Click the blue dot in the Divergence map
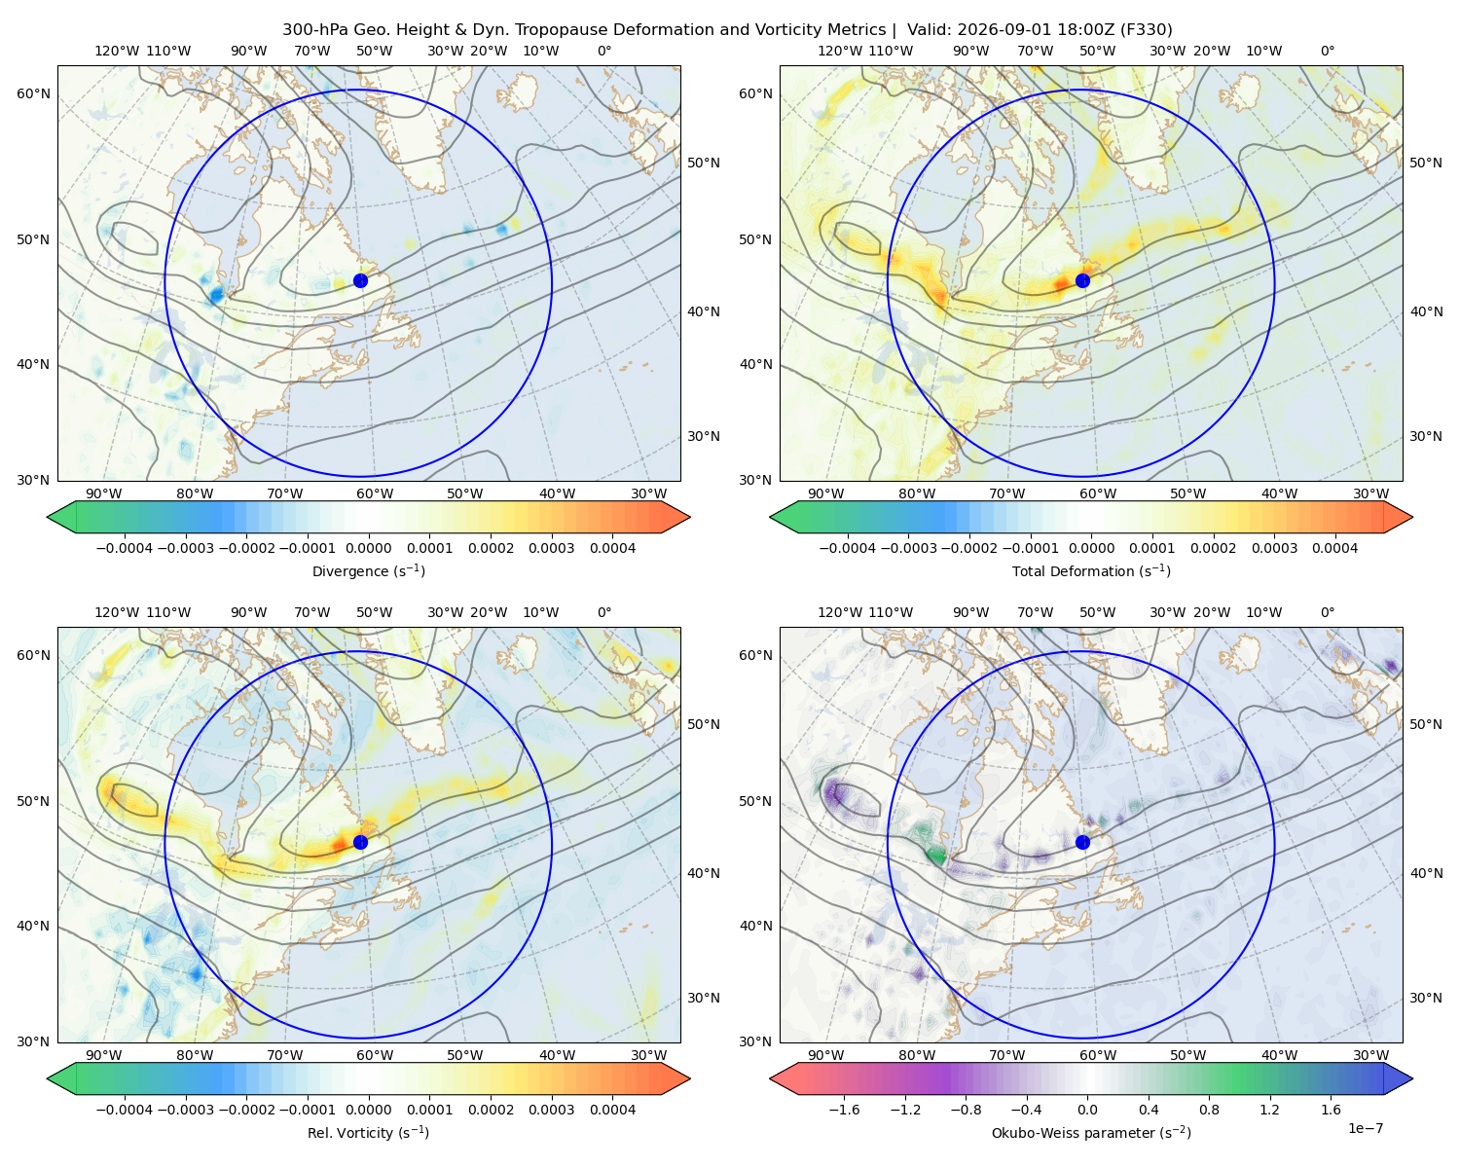click(x=360, y=280)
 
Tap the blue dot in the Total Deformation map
click(x=1082, y=280)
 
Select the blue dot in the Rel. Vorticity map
click(x=360, y=842)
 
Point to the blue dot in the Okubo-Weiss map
click(x=1082, y=842)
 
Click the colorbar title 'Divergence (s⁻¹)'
click(x=368, y=570)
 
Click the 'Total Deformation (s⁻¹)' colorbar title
click(x=1091, y=570)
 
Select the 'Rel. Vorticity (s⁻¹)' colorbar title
click(x=368, y=1132)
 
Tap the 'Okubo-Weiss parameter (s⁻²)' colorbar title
click(x=1091, y=1132)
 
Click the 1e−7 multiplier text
click(x=1365, y=1128)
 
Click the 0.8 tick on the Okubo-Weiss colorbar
click(x=1209, y=1110)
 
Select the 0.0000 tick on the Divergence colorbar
click(x=368, y=548)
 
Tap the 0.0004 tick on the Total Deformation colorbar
click(x=1334, y=548)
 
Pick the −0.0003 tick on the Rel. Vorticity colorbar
click(x=185, y=1110)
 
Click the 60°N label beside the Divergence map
click(x=33, y=93)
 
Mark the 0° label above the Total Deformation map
click(x=1327, y=51)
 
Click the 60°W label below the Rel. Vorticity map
click(x=375, y=1055)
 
